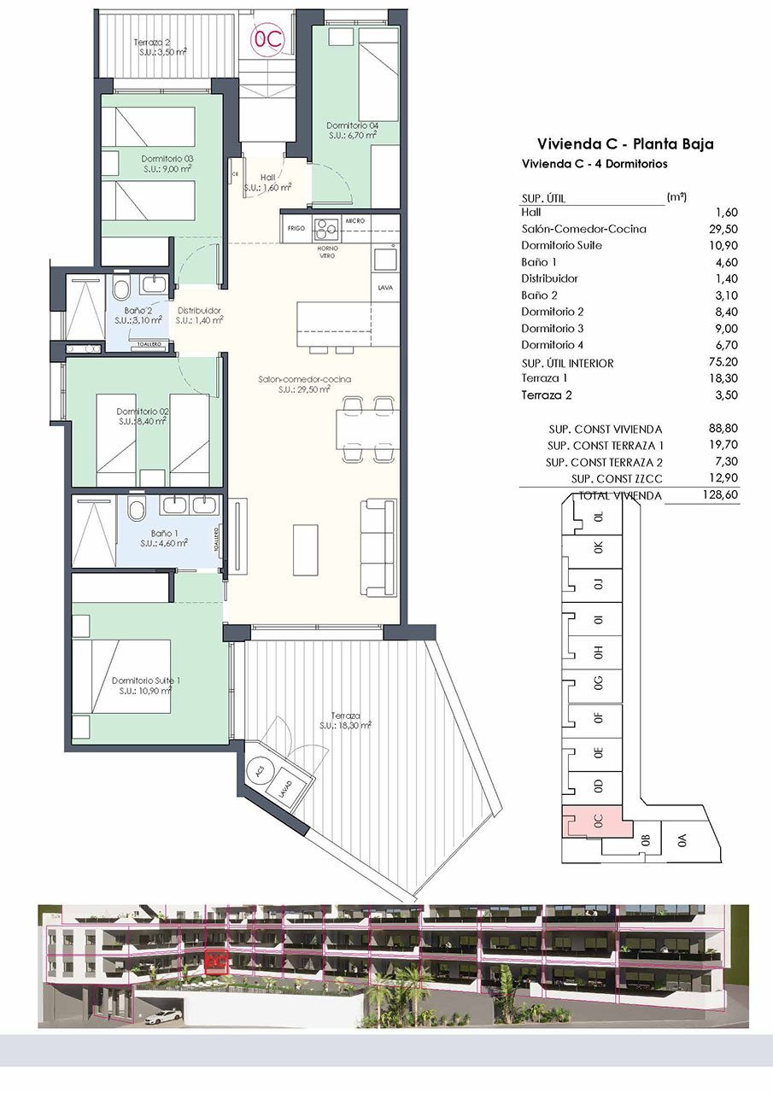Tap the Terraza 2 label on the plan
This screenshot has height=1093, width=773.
pos(161,46)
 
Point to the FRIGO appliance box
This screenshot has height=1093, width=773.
pos(296,228)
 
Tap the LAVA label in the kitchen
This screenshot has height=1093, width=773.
pos(385,289)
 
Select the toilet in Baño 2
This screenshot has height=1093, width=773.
pos(122,285)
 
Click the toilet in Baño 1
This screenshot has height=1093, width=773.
pos(136,511)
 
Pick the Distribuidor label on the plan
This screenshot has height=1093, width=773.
pos(199,315)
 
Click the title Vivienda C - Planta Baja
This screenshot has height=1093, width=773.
pos(624,144)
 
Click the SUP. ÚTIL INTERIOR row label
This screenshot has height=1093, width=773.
pos(567,363)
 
